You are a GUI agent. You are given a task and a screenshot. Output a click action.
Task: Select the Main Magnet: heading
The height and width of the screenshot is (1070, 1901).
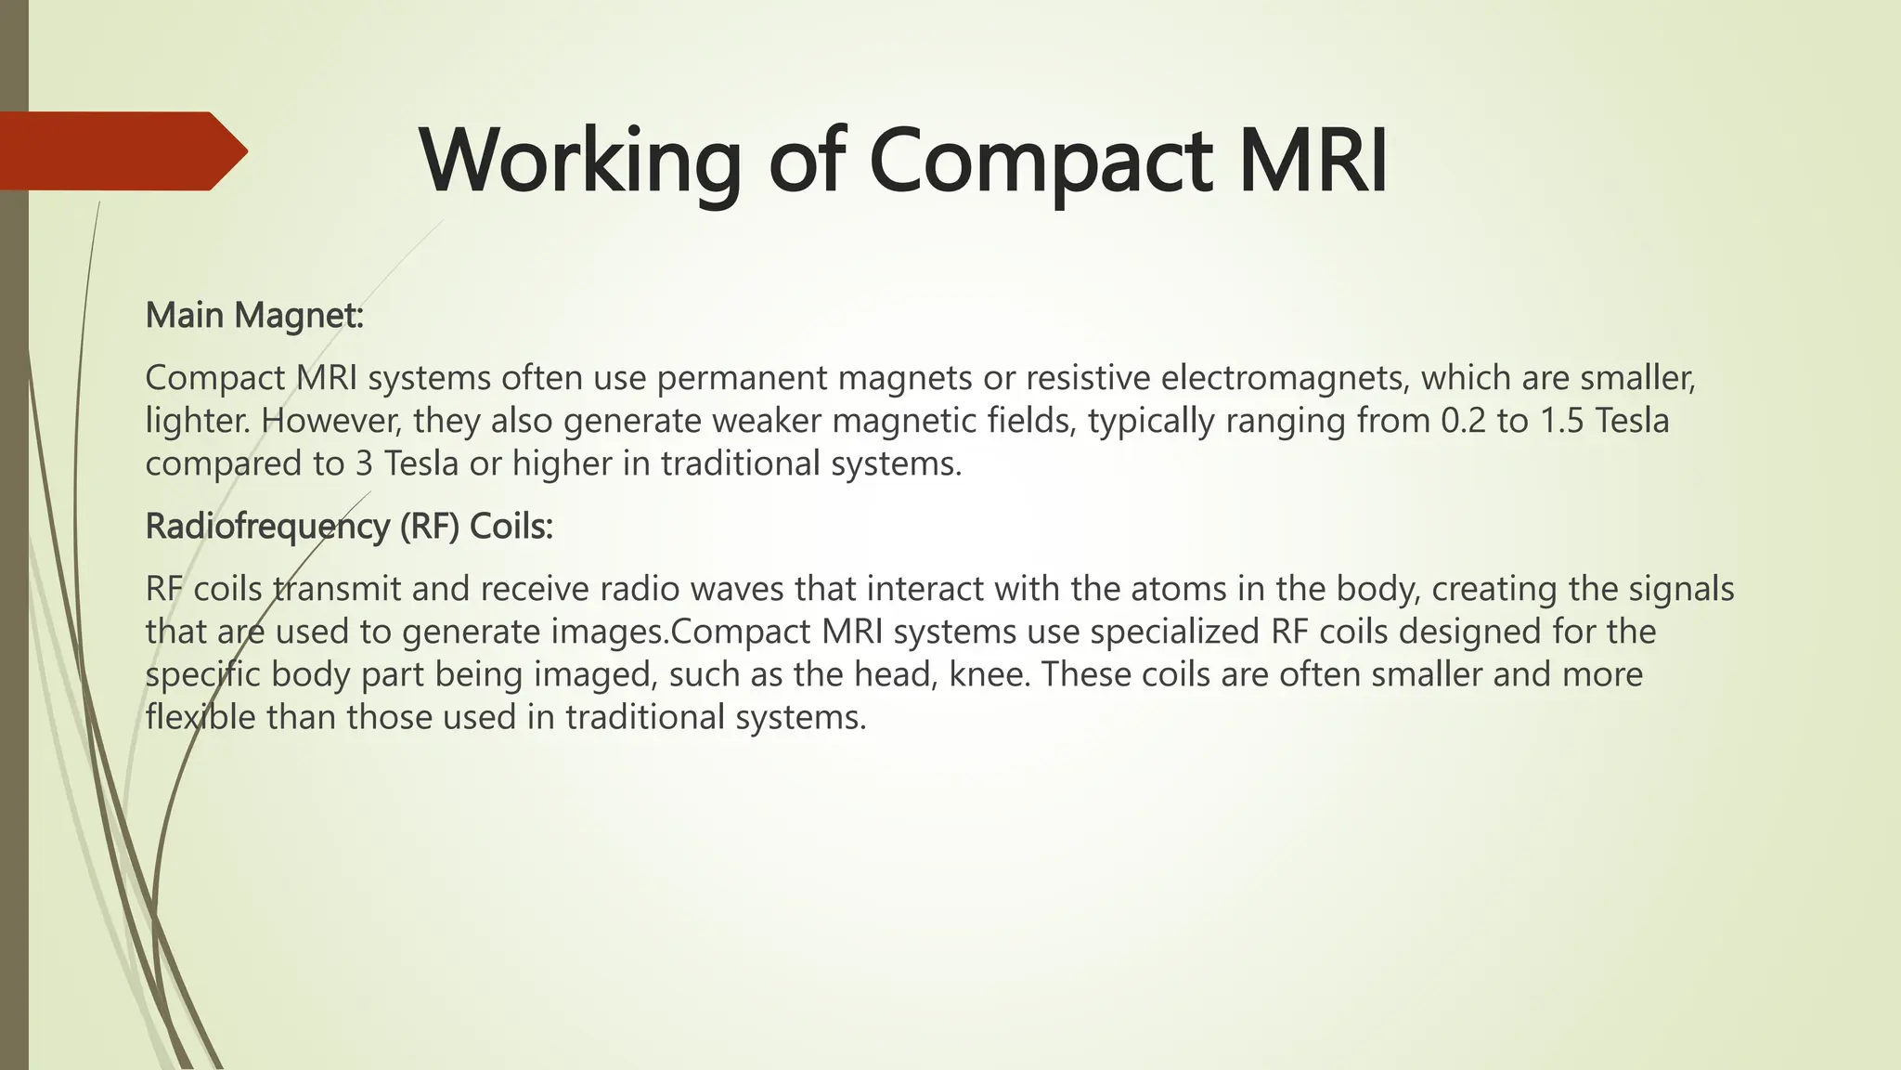tap(254, 316)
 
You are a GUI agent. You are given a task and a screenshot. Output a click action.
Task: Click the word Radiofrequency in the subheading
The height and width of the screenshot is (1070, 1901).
tap(268, 527)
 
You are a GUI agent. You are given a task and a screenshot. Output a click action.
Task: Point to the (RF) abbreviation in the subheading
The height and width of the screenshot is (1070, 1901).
tap(431, 527)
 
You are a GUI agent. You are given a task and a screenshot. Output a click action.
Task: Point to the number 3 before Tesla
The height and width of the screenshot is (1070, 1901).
tap(364, 463)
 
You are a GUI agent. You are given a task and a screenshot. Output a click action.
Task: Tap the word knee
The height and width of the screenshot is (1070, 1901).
tap(988, 674)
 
